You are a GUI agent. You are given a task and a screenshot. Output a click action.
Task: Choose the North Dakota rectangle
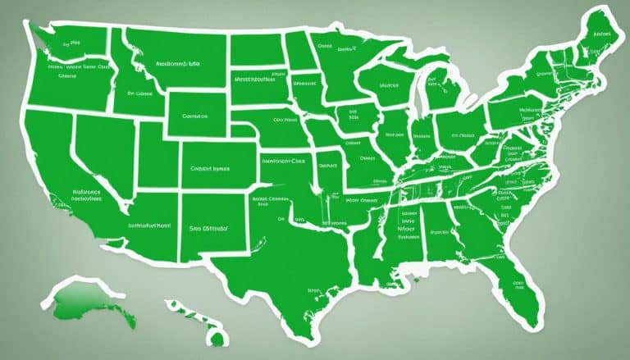pyautogui.click(x=258, y=49)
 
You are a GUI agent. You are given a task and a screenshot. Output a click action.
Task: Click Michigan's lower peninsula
pyautogui.click(x=444, y=94)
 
